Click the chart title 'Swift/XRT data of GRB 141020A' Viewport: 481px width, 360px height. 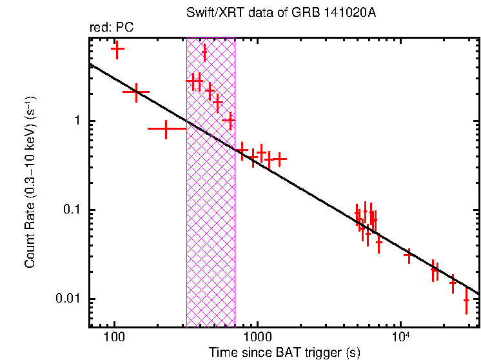tap(284, 13)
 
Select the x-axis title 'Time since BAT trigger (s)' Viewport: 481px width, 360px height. tap(284, 352)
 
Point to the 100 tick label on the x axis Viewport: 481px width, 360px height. tap(114, 338)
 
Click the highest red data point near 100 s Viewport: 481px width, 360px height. tap(117, 48)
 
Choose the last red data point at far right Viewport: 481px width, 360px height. tap(466, 300)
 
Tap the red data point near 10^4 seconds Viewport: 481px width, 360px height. tap(408, 255)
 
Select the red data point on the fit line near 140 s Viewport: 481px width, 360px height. tap(135, 92)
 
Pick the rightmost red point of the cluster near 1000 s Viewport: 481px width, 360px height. tap(280, 158)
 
